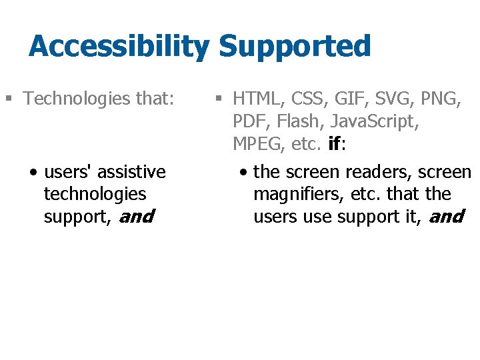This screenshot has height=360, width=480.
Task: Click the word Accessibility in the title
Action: click(119, 47)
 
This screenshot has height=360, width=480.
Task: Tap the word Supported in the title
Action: click(294, 47)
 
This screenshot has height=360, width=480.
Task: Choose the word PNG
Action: click(440, 99)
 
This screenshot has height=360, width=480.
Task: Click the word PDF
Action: click(249, 122)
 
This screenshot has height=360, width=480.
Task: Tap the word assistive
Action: click(131, 172)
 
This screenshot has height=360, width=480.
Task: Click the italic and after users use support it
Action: click(446, 217)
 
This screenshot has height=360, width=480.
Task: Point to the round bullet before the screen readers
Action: click(245, 173)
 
